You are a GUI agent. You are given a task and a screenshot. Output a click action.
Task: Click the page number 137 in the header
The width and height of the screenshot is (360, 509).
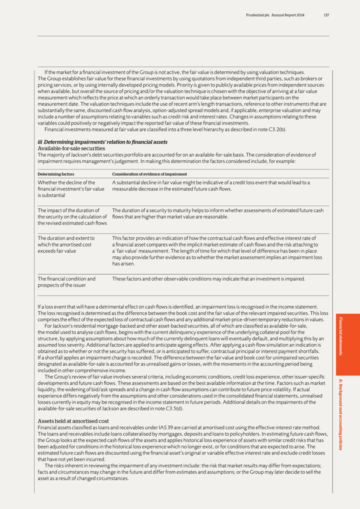coord(326,15)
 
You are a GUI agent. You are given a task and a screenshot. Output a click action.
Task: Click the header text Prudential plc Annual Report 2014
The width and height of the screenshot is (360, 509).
coord(275,15)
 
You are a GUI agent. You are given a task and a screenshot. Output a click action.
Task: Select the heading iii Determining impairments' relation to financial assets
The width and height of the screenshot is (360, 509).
coord(102,142)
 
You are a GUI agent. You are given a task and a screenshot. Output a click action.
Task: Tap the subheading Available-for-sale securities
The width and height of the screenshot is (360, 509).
coord(71,148)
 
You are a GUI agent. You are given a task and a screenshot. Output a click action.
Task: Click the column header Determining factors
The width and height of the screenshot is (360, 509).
coord(56,174)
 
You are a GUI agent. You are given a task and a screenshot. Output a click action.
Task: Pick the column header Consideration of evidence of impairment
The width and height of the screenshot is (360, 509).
coord(149,174)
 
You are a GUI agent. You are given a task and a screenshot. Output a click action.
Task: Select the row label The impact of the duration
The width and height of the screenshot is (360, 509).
coord(72,216)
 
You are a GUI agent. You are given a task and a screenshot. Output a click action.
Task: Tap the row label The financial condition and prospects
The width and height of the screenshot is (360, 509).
coord(66,281)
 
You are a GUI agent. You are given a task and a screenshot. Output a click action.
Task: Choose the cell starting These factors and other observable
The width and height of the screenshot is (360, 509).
coord(208,278)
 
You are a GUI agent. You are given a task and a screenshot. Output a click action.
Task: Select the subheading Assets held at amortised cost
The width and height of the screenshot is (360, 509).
coord(73,421)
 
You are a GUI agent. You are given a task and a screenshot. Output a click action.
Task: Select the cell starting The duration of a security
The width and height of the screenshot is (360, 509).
coord(217,213)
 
